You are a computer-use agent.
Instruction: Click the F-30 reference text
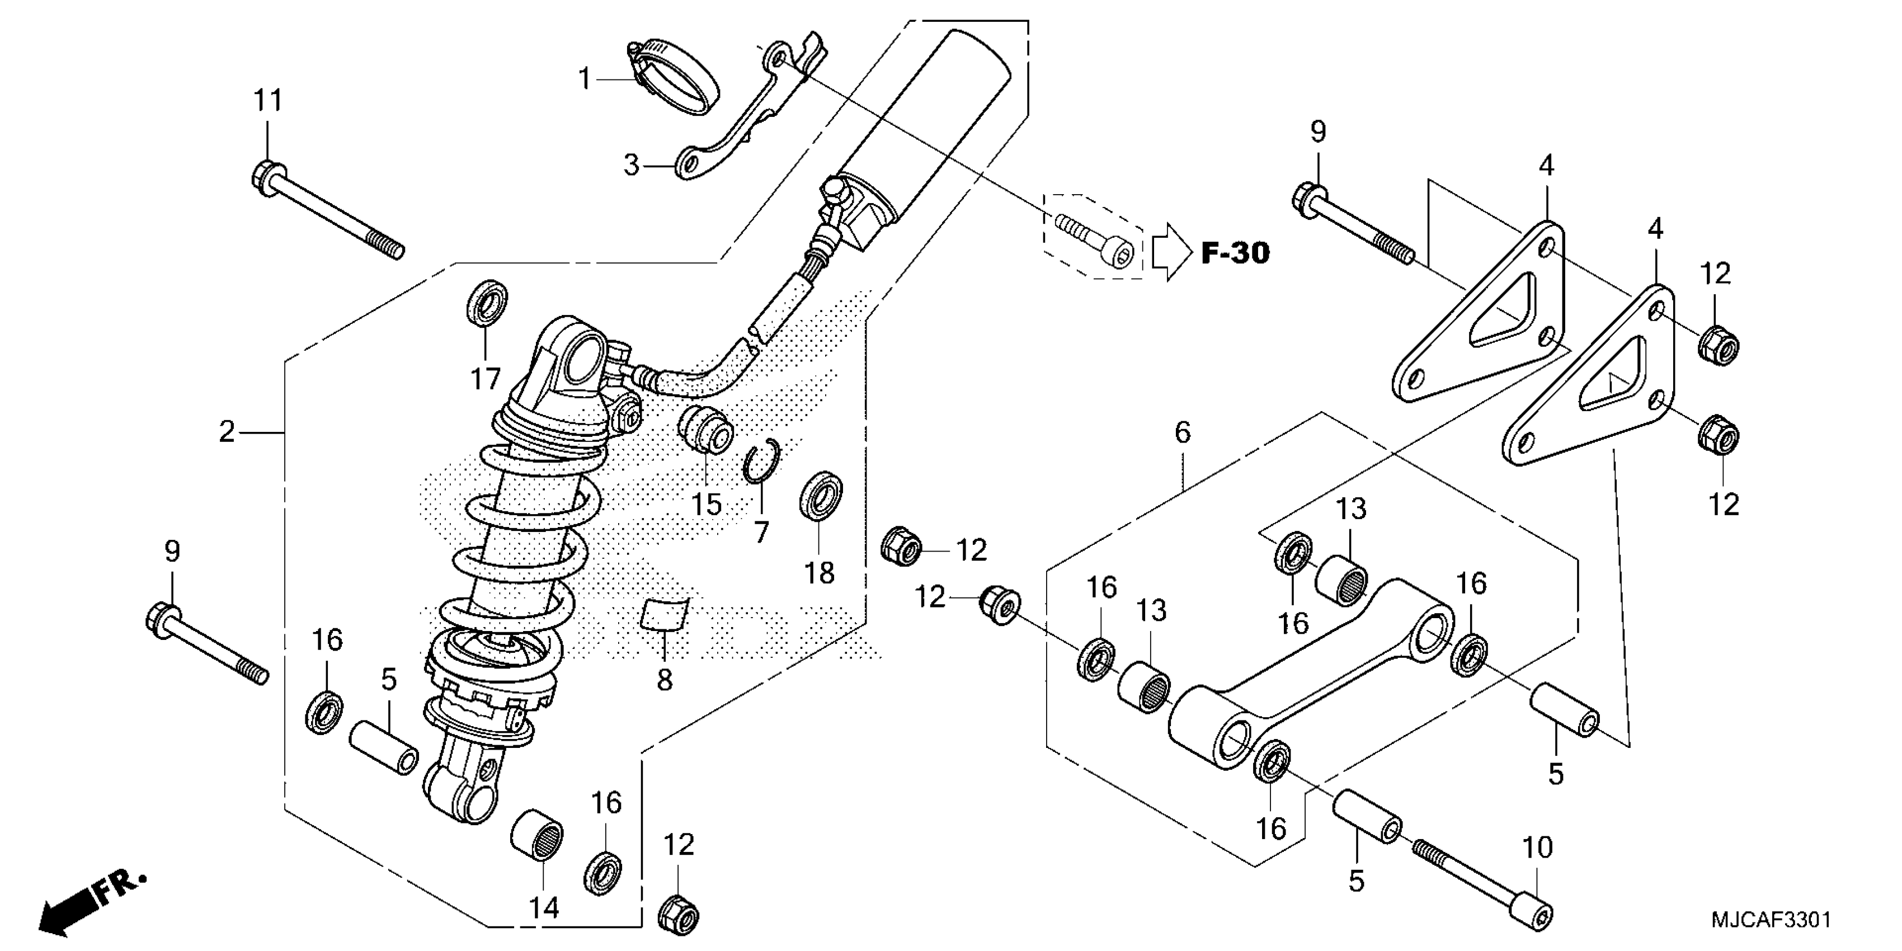pos(1235,253)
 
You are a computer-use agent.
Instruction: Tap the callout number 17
pos(485,379)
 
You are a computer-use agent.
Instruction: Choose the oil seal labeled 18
pos(821,496)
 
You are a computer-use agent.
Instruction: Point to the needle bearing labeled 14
pos(537,834)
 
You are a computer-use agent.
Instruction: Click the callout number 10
pos(1537,847)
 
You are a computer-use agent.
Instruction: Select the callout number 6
pos(1182,432)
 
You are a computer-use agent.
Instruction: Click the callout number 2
pos(227,432)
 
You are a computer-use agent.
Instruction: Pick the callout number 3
pos(630,166)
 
